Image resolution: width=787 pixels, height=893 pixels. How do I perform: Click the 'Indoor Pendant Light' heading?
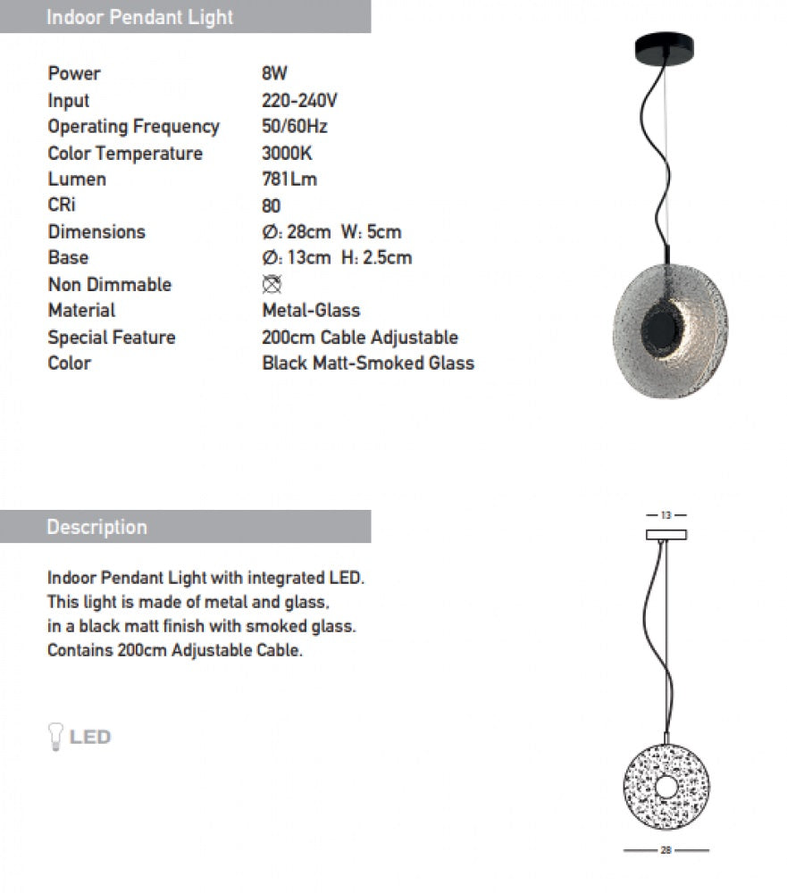tap(139, 17)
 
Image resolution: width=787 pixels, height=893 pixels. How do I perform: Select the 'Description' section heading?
tap(96, 527)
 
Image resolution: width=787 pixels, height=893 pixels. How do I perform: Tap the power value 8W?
tap(274, 73)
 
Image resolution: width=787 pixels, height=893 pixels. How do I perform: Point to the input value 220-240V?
tap(299, 100)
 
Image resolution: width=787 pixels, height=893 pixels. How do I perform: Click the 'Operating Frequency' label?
tap(133, 127)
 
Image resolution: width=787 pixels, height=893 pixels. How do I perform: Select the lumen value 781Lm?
tap(289, 179)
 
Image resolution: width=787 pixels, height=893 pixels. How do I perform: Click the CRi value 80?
tap(272, 205)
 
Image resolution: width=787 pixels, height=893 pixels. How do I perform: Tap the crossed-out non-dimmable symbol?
tap(272, 284)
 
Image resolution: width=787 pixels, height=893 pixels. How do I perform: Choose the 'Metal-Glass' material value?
tap(311, 310)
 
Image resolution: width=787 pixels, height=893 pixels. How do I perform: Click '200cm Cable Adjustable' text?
tap(360, 337)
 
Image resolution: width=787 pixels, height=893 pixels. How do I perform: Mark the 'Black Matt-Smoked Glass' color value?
tap(368, 363)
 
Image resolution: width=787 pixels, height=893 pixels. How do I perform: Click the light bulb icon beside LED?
tap(54, 737)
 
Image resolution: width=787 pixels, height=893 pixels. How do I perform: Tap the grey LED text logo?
tap(90, 737)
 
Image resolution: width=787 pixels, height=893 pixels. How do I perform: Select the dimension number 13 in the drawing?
tap(666, 515)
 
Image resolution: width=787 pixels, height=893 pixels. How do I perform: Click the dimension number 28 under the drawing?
tap(666, 851)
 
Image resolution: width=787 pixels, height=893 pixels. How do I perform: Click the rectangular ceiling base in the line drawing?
tap(666, 534)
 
